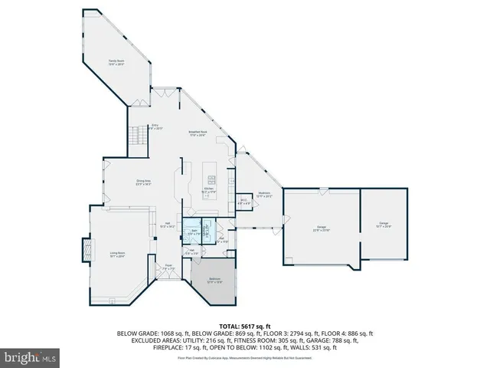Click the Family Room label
[x=116, y=63]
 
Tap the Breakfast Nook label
[x=198, y=133]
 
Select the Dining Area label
[x=143, y=182]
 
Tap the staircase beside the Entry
[x=136, y=137]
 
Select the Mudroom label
[x=264, y=195]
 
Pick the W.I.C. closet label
[x=243, y=202]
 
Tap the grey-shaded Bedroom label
[x=215, y=280]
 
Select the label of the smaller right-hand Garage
[x=383, y=225]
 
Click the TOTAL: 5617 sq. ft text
[x=244, y=327]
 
